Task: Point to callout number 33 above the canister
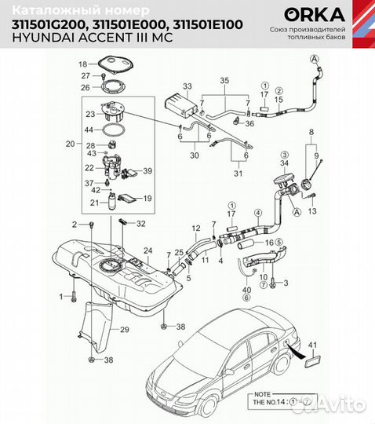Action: pyautogui.click(x=187, y=85)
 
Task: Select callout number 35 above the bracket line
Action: pyautogui.click(x=224, y=81)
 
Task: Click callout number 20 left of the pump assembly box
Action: pyautogui.click(x=70, y=144)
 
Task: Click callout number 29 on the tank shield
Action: pyautogui.click(x=123, y=331)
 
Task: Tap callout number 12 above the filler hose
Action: pyautogui.click(x=196, y=228)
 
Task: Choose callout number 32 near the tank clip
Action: pyautogui.click(x=140, y=225)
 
